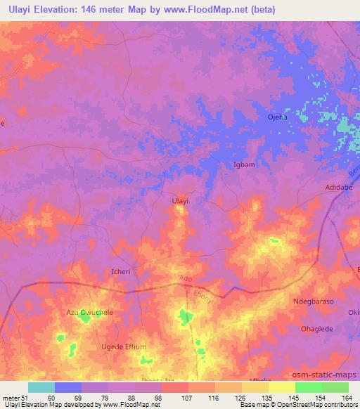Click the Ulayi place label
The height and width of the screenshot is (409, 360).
point(181,201)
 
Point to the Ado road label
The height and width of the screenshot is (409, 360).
point(186,279)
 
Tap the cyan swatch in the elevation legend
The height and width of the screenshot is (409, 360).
point(41,387)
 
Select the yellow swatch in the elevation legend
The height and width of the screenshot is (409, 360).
point(282,387)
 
